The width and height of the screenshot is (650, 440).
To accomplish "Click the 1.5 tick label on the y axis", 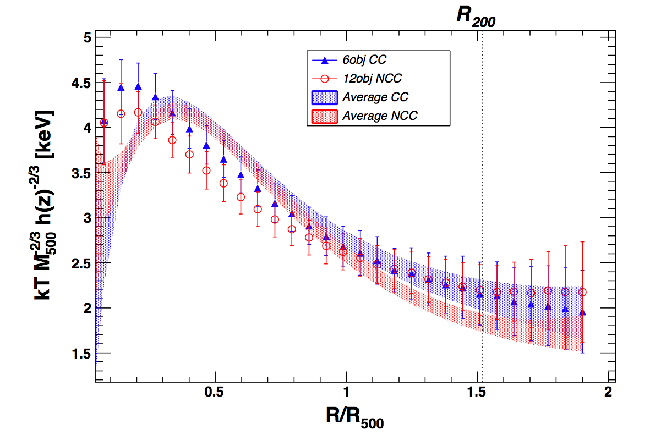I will point(80,353).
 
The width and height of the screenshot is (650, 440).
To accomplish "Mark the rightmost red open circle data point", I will point(582,292).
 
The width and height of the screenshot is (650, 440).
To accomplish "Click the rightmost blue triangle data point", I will point(582,312).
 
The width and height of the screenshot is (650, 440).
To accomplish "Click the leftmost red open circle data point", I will point(104,123).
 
